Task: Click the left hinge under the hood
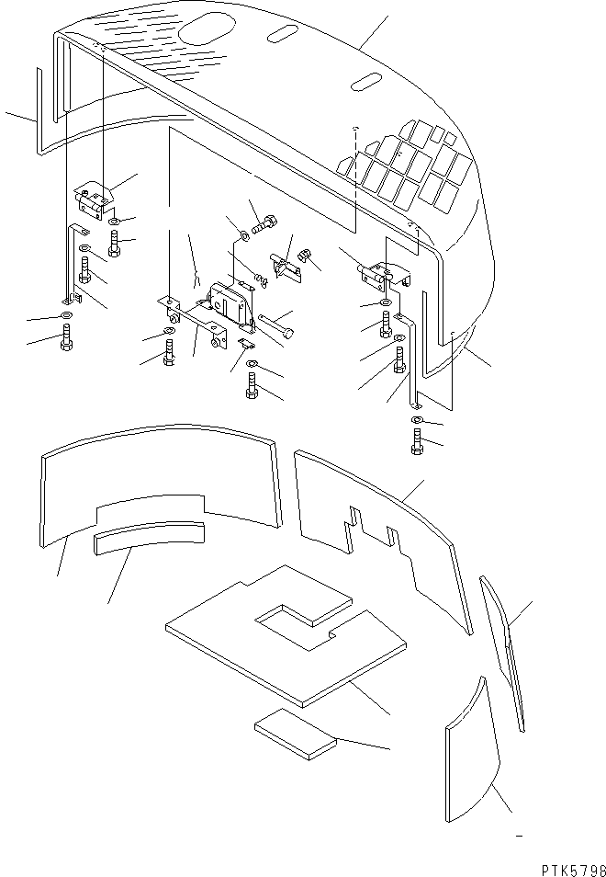point(92,199)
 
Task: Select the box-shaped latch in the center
point(232,303)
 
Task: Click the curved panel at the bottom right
point(473,754)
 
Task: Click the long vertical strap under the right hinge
point(412,359)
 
